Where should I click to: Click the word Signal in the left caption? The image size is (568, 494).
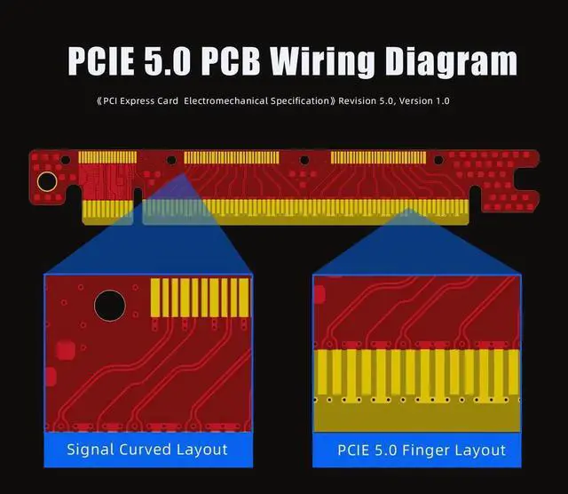(90, 449)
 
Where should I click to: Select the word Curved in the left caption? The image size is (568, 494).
(147, 449)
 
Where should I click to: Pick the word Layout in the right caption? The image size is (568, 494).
(476, 449)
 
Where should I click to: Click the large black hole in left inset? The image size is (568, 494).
(110, 306)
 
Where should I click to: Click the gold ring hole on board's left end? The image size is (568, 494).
(46, 182)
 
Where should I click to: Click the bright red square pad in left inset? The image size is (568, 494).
(65, 349)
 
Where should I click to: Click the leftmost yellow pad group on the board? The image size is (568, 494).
(107, 157)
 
